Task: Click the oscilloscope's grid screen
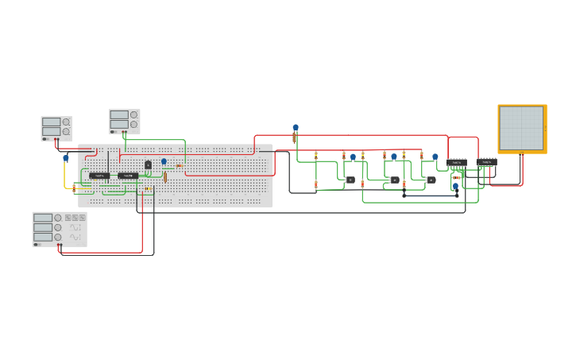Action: pos(521,127)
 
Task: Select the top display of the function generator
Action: pos(43,218)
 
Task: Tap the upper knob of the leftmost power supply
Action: pos(66,122)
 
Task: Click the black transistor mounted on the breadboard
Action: pos(148,165)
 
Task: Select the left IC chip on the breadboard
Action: pos(100,176)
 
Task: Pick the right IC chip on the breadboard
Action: pos(128,176)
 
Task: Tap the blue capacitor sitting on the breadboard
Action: pos(164,161)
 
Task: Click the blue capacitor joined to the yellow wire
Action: pos(66,158)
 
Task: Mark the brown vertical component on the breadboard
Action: pos(165,177)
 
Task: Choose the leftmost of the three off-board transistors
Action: pos(350,180)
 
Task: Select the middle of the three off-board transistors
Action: pos(395,180)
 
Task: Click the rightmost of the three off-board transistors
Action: pos(431,180)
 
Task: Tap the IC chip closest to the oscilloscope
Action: pos(486,162)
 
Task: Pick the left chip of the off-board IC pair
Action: pos(457,162)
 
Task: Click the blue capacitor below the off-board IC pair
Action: pos(456,186)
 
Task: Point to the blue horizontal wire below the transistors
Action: pos(430,194)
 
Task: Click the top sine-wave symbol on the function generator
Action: pos(75,227)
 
